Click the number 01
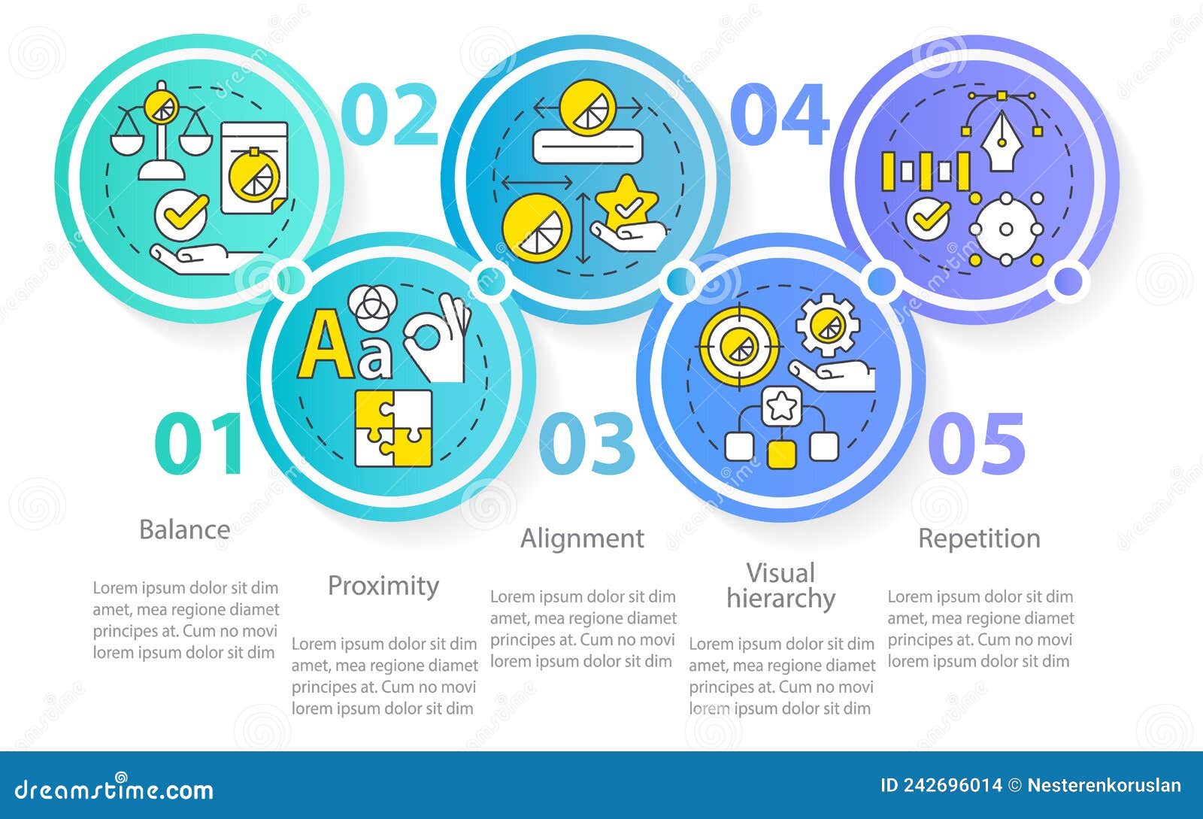[x=198, y=444]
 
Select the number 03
[x=587, y=444]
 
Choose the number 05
[x=977, y=444]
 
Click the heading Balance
[x=184, y=529]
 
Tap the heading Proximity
[x=383, y=586]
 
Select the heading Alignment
[x=582, y=538]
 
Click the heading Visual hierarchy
[x=780, y=586]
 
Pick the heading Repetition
[x=979, y=538]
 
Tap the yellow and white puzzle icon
[x=393, y=428]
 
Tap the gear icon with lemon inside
[x=828, y=325]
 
